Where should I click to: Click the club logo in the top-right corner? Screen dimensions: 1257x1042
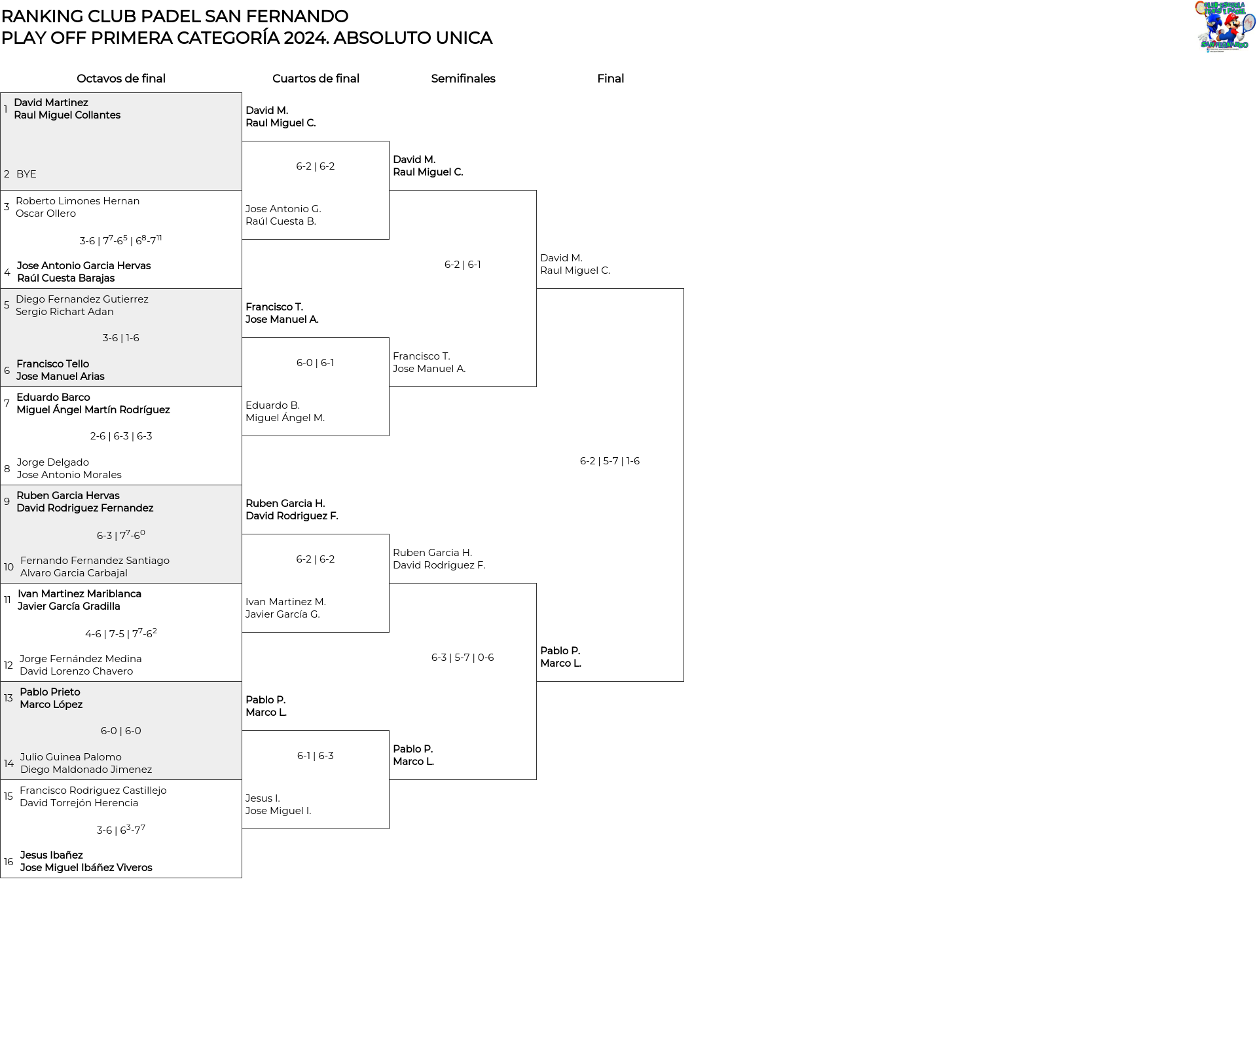click(1225, 26)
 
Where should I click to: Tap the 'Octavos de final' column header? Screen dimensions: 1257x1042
click(121, 79)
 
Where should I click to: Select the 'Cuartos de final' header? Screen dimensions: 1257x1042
click(316, 79)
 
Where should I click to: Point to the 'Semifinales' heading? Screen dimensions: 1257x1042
click(463, 79)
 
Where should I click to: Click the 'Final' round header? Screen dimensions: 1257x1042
click(610, 79)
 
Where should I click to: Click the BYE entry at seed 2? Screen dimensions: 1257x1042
click(26, 174)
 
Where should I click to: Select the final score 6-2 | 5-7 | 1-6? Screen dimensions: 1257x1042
click(610, 461)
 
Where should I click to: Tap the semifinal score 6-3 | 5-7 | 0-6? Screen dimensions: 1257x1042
click(462, 658)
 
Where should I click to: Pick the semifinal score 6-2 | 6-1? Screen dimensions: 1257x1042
click(462, 265)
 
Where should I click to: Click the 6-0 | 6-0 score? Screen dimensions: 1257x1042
click(120, 731)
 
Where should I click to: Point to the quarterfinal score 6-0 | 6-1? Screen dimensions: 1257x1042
click(315, 363)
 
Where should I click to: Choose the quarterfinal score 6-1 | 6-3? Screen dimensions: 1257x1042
click(315, 756)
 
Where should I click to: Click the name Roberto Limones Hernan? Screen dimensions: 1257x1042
click(78, 201)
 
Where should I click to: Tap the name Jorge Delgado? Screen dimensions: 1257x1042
click(53, 462)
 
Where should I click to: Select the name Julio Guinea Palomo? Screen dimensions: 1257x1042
click(71, 757)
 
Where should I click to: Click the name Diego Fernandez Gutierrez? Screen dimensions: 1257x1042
click(82, 299)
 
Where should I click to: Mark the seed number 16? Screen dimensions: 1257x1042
click(9, 862)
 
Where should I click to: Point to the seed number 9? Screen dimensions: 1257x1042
click(7, 502)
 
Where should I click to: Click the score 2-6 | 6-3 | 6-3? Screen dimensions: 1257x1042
click(121, 436)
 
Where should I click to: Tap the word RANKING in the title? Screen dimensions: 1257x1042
click(42, 16)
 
